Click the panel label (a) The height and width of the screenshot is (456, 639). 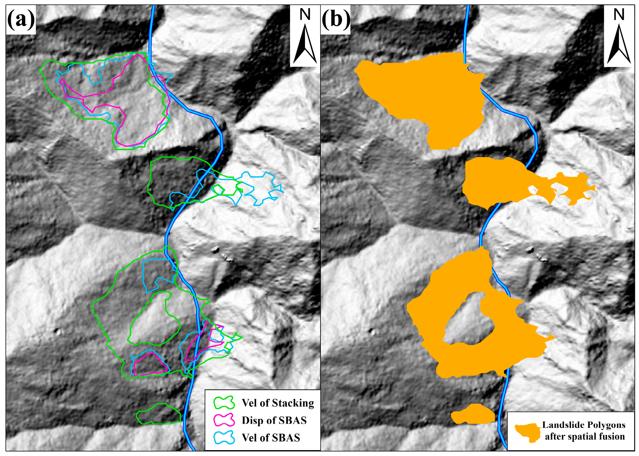[x=21, y=19]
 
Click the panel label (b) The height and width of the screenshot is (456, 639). [x=336, y=19]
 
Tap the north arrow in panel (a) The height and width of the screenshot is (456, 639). [x=305, y=44]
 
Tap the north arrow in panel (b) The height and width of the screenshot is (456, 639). [x=619, y=44]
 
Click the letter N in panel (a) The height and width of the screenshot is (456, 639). [x=305, y=14]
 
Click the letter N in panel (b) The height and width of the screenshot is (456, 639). [x=619, y=14]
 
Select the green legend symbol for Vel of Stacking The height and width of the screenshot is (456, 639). [x=224, y=403]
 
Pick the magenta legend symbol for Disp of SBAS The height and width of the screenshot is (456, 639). [x=224, y=420]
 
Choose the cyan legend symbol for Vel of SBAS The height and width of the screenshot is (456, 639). [x=224, y=437]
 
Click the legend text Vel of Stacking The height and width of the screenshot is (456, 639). [x=278, y=403]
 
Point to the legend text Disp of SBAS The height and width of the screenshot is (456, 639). [x=274, y=420]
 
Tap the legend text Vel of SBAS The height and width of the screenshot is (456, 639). [x=271, y=437]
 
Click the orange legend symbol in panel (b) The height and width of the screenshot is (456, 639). [x=527, y=432]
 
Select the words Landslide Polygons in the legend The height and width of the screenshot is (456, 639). [x=584, y=425]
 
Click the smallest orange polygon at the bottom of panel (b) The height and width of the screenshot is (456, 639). [x=473, y=414]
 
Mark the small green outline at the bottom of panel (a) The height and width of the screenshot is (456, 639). [x=159, y=414]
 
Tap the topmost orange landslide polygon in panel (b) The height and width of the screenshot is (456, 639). [x=428, y=89]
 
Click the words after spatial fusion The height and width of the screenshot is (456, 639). [x=584, y=437]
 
